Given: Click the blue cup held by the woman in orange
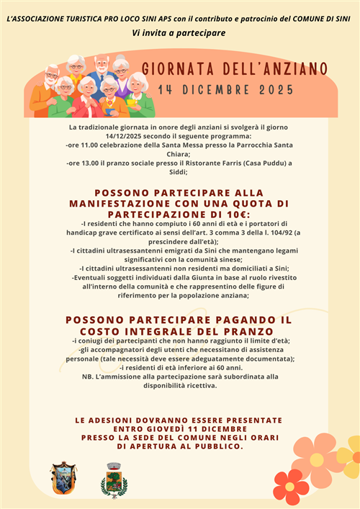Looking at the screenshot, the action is coord(108,111).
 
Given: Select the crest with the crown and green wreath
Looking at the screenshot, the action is coord(114,480).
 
